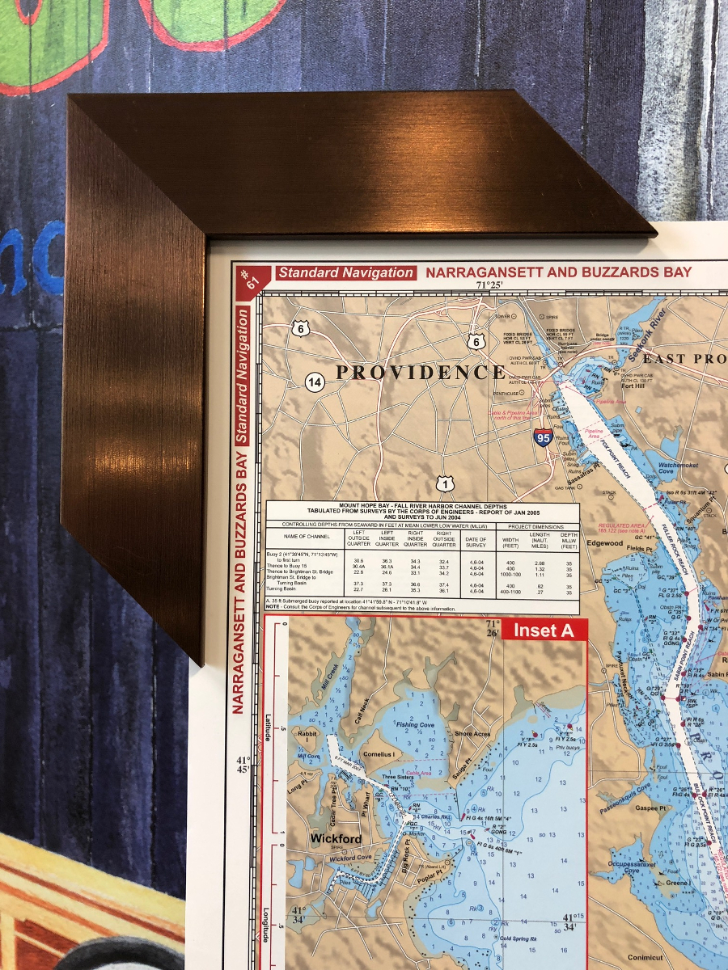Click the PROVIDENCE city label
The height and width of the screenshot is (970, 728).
tap(421, 373)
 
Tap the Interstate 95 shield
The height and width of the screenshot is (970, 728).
tap(544, 439)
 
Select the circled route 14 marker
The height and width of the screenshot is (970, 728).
tap(315, 382)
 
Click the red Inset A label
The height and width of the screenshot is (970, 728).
tap(544, 630)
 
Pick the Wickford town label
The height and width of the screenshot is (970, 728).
tap(336, 839)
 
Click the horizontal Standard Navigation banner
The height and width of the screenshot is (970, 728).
tap(346, 273)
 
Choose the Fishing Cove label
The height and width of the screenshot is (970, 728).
tap(415, 725)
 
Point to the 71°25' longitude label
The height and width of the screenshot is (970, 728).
tap(489, 285)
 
